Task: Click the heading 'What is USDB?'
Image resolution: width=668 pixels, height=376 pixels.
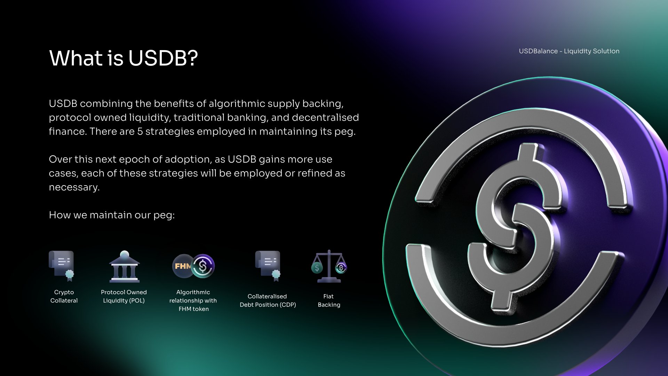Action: tap(124, 58)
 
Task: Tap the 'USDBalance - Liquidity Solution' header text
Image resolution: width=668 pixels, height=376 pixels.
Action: tap(569, 51)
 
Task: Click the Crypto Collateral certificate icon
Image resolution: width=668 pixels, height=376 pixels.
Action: tap(62, 266)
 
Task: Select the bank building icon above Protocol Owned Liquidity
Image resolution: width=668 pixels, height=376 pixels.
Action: tap(125, 266)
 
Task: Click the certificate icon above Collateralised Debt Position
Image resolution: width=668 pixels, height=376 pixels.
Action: tap(268, 266)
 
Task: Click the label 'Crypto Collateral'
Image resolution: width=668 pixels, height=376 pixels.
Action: tap(64, 296)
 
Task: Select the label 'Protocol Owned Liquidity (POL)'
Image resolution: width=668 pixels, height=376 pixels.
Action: tap(124, 296)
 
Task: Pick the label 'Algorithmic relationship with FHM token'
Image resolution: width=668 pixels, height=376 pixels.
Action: tap(193, 300)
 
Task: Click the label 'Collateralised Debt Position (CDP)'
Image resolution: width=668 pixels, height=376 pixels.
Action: tap(268, 300)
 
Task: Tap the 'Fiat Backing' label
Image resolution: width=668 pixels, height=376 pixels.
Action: tap(329, 300)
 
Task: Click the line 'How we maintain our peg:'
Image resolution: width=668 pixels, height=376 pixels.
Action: tap(112, 215)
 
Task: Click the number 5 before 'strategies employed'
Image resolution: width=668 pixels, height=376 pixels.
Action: tap(140, 132)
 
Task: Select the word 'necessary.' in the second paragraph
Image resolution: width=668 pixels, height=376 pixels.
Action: tap(74, 187)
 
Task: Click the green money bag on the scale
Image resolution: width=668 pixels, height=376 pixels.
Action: tap(317, 268)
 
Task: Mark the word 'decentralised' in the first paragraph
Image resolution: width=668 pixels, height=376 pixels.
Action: tap(325, 118)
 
